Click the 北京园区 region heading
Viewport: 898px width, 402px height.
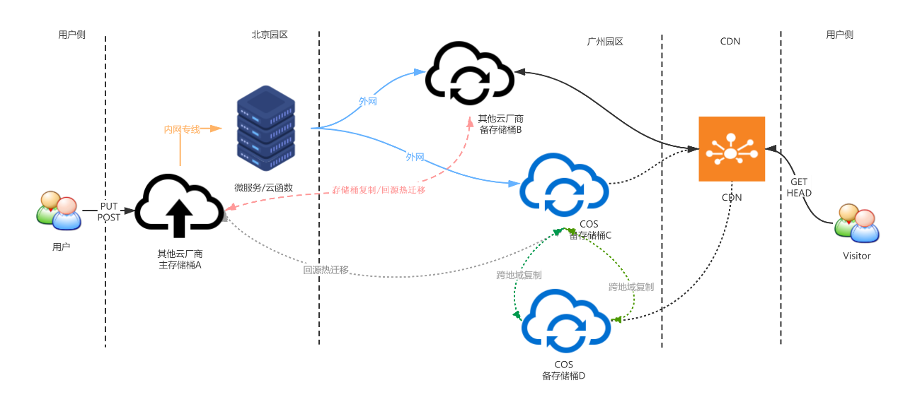(270, 34)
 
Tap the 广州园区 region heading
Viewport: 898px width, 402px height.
(605, 42)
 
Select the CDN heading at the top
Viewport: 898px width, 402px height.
(730, 41)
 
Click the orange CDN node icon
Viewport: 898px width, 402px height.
(732, 149)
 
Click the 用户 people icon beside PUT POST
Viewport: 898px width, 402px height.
(59, 211)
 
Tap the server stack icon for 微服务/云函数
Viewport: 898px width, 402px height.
(265, 129)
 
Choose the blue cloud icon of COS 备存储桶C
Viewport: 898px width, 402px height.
(565, 185)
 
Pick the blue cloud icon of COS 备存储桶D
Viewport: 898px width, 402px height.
(565, 322)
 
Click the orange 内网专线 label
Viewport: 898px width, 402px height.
(183, 129)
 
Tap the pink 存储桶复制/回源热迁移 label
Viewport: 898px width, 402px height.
(379, 190)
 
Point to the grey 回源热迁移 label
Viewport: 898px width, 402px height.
(326, 269)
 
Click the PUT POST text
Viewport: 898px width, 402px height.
(109, 212)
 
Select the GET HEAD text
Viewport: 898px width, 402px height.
(799, 187)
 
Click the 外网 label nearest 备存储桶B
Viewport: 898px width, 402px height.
(368, 102)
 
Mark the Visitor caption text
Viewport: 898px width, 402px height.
(856, 256)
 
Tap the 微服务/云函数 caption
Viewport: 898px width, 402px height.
(264, 187)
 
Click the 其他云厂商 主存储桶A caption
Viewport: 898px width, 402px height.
(180, 259)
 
